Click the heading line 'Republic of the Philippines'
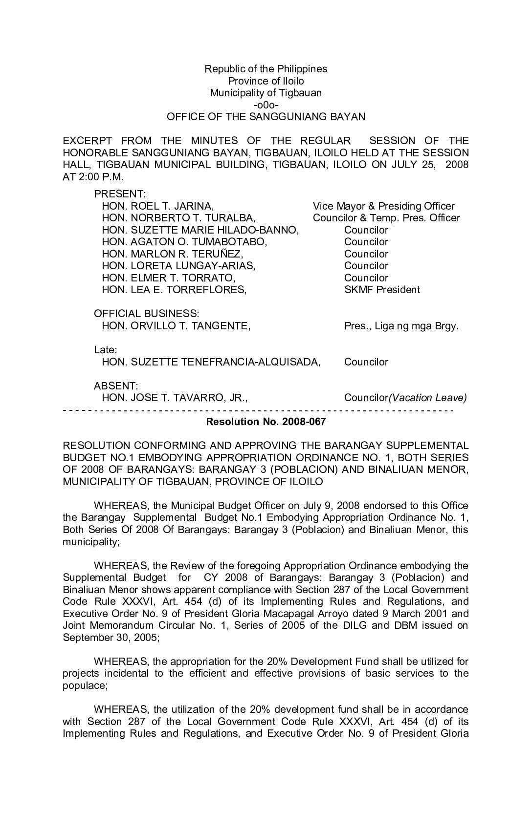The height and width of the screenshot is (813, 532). click(266, 69)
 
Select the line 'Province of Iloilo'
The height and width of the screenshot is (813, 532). click(266, 81)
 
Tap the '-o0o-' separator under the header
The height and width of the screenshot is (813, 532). click(266, 105)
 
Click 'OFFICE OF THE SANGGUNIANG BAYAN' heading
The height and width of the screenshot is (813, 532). click(266, 117)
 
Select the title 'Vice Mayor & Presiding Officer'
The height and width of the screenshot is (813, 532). click(383, 206)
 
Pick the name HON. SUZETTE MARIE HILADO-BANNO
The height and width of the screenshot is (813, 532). click(200, 230)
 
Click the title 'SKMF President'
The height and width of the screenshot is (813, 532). click(382, 290)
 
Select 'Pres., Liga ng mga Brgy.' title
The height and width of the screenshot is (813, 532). click(401, 326)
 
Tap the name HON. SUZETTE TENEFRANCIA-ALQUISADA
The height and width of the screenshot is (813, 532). click(211, 362)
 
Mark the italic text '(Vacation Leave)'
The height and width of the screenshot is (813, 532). click(428, 398)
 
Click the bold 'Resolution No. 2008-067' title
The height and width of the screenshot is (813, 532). click(266, 422)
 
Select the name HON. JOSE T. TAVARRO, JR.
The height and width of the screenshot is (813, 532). click(175, 398)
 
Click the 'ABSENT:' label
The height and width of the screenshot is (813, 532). click(116, 386)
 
